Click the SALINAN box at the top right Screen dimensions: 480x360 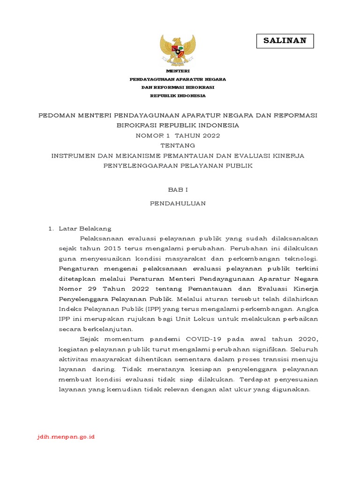[285, 41]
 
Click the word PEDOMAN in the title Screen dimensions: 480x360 [57, 116]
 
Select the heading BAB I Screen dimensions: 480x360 [178, 189]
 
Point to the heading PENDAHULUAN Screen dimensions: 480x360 [178, 204]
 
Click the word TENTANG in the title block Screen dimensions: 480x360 [178, 146]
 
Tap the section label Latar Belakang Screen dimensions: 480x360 [85, 229]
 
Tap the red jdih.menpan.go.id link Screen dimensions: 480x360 [66, 437]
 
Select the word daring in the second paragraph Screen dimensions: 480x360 [91, 369]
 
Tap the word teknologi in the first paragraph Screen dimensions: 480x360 [301, 258]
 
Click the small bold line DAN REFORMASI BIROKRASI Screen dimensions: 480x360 [178, 88]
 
